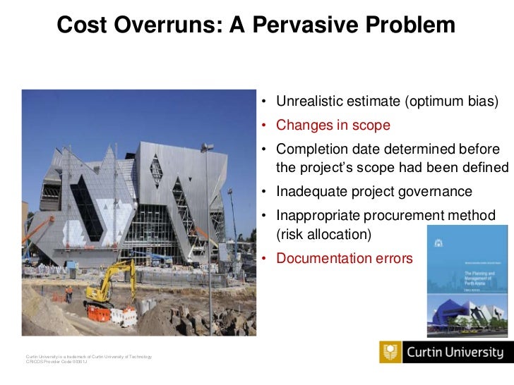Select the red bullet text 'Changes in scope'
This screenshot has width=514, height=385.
tap(333, 126)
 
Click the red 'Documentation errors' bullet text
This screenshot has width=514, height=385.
tap(344, 259)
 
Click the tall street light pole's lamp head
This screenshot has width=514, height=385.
tap(207, 147)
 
